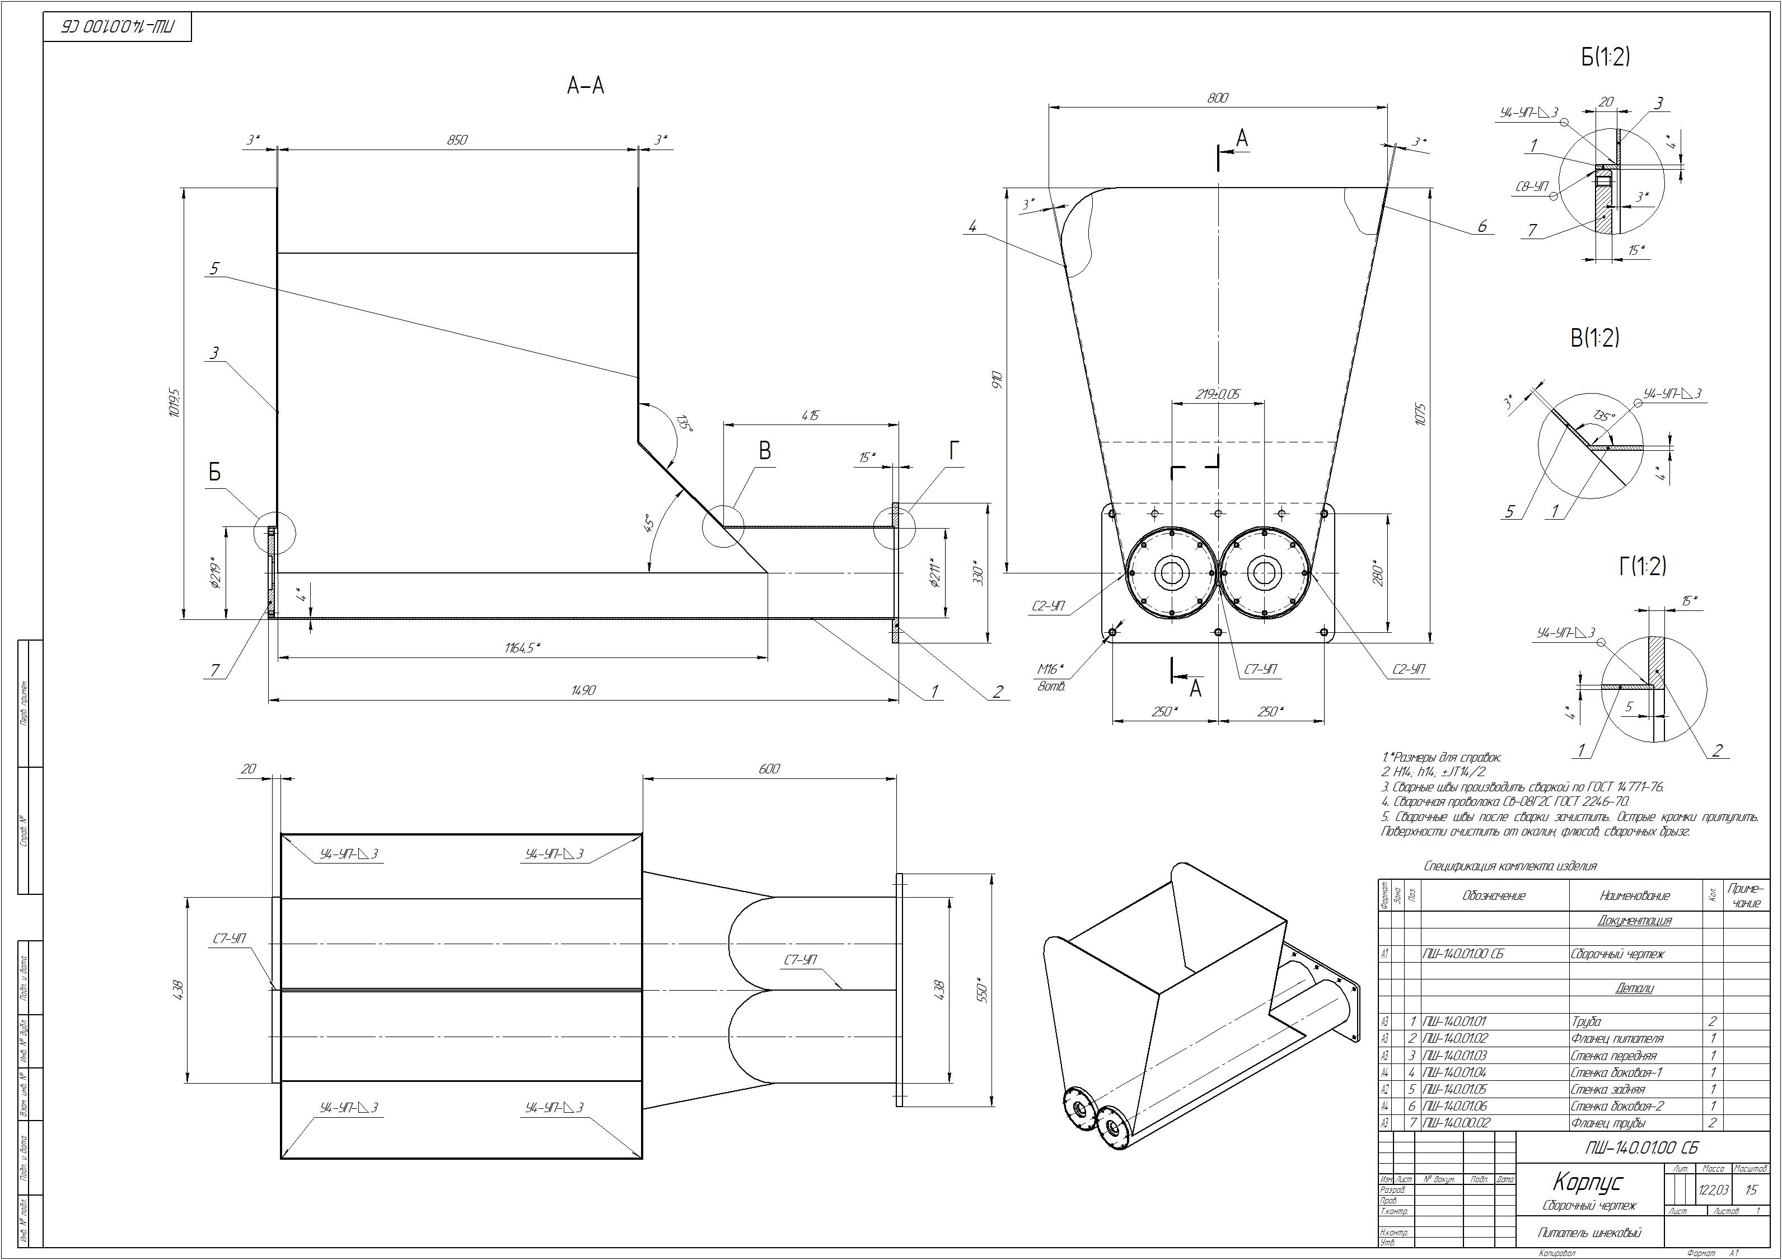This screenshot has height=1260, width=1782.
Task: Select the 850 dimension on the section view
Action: (457, 140)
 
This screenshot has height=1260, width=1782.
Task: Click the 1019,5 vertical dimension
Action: (174, 404)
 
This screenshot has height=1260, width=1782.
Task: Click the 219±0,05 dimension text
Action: (1218, 394)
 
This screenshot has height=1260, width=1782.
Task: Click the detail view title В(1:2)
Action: (1595, 338)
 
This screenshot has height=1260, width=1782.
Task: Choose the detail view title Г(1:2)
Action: (1643, 567)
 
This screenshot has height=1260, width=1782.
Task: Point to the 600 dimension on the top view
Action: (769, 768)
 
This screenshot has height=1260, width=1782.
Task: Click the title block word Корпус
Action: (1587, 1182)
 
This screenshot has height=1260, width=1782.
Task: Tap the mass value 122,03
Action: (1714, 1190)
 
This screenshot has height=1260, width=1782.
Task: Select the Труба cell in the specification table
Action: (1585, 1021)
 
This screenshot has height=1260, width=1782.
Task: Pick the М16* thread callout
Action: (1051, 669)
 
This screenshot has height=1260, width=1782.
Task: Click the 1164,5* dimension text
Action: (522, 647)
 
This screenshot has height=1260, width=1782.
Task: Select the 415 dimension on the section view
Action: (810, 416)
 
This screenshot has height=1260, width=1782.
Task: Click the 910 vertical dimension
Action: (997, 380)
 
